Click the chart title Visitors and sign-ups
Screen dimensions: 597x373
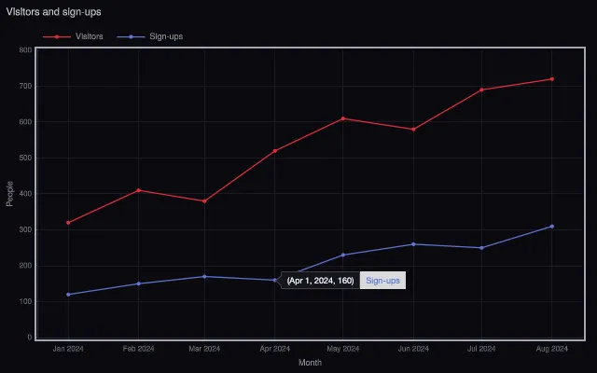coord(54,12)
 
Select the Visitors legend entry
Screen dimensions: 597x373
coord(73,36)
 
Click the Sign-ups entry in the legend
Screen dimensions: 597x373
coord(150,36)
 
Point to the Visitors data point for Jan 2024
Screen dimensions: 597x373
coord(68,223)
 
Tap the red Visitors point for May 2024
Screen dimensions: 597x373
coord(343,118)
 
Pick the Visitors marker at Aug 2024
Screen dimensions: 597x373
coord(552,79)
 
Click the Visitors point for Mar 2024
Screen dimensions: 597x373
coord(204,201)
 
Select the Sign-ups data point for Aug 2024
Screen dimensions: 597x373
coord(552,227)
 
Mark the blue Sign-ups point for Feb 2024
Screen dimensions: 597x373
coord(139,283)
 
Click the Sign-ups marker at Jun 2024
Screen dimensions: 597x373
coord(413,244)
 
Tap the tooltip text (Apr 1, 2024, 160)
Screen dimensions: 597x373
coord(320,281)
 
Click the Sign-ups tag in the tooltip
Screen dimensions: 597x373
coord(382,281)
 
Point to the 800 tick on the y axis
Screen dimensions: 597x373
coord(25,49)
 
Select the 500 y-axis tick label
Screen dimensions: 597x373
coord(25,158)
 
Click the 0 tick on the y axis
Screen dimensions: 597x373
coord(30,338)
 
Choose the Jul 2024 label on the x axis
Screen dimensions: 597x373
coord(481,349)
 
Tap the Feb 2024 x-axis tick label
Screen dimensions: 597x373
coord(139,349)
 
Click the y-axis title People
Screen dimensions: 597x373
coord(9,194)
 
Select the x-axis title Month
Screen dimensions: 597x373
coord(310,363)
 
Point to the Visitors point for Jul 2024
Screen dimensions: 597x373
coord(481,90)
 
